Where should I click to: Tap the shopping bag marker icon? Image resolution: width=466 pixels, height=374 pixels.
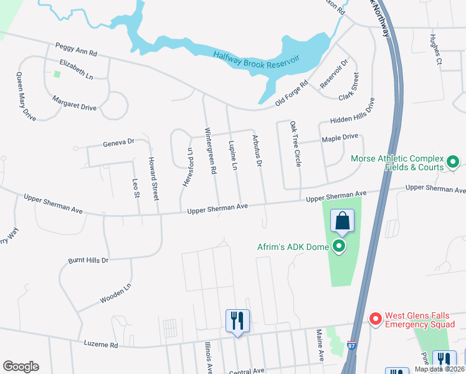coord(342,220)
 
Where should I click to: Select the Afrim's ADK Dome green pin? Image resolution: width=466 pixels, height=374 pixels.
coord(340,247)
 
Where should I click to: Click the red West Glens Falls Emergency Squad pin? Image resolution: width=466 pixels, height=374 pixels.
coord(375,319)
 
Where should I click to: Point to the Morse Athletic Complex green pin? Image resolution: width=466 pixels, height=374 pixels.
coord(453,163)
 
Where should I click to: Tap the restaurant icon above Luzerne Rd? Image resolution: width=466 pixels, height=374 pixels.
coord(237,321)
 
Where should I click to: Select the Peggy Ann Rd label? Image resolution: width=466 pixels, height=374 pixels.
coord(77,49)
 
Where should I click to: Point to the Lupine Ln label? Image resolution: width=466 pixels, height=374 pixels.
coord(234,156)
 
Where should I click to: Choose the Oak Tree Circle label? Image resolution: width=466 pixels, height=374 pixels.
coord(295,144)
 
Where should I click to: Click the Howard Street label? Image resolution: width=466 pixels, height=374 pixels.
coord(154,177)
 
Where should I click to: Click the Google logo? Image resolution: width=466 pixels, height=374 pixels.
coord(21,367)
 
